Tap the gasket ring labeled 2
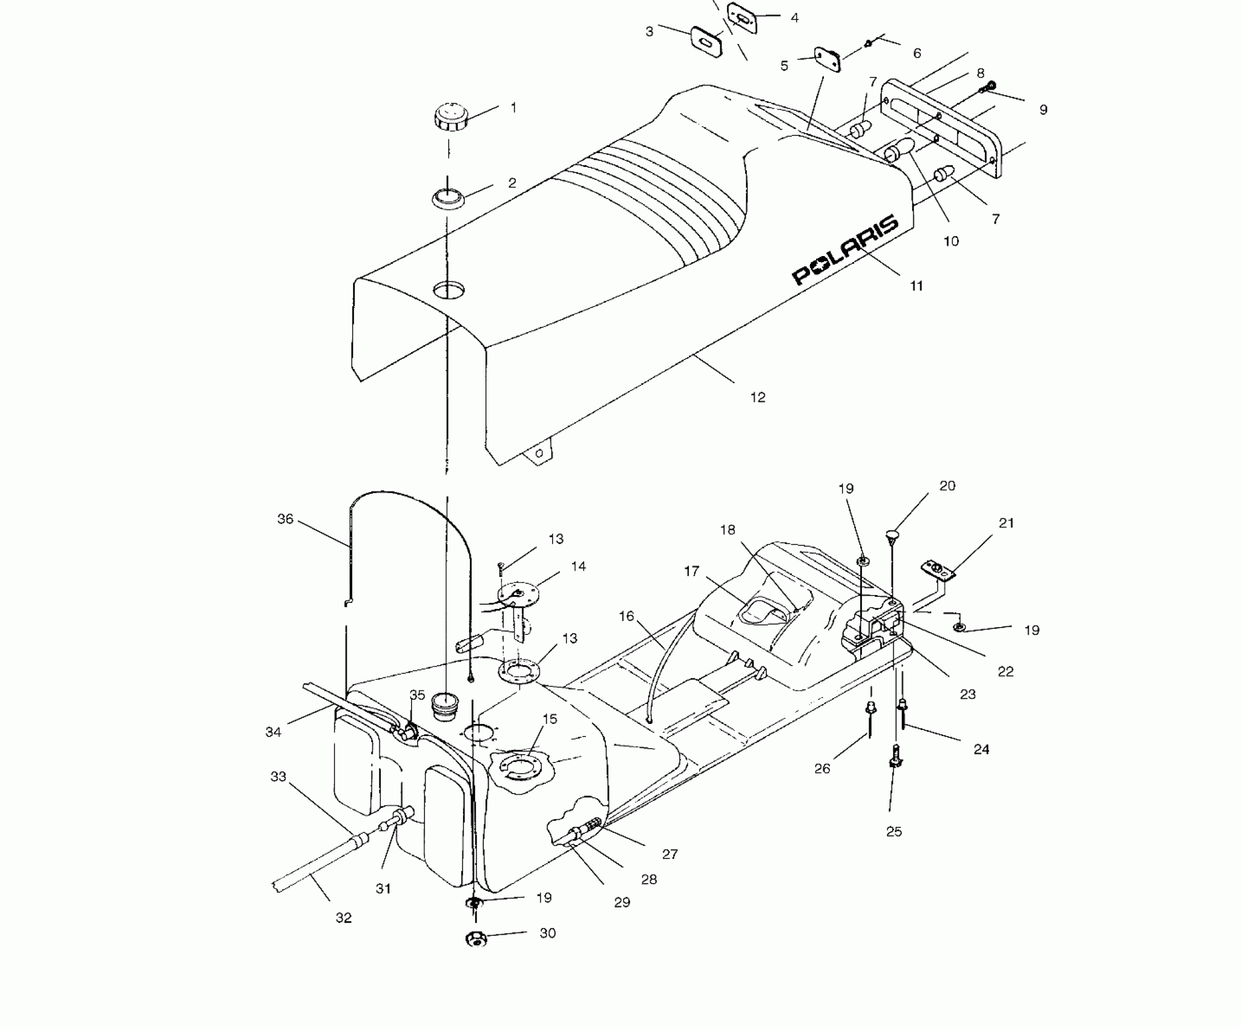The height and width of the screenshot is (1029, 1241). pyautogui.click(x=447, y=199)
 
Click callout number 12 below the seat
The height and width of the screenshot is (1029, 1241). pyautogui.click(x=757, y=398)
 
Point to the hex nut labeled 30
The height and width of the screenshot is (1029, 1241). pyautogui.click(x=476, y=956)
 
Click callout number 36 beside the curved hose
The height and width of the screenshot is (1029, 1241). pyautogui.click(x=285, y=519)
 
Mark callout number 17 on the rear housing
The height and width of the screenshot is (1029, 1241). pyautogui.click(x=692, y=571)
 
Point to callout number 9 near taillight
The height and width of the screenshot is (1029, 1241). pyautogui.click(x=1042, y=110)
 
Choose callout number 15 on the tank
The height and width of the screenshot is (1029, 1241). pyautogui.click(x=549, y=719)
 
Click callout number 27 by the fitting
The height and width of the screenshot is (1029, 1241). pyautogui.click(x=670, y=854)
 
